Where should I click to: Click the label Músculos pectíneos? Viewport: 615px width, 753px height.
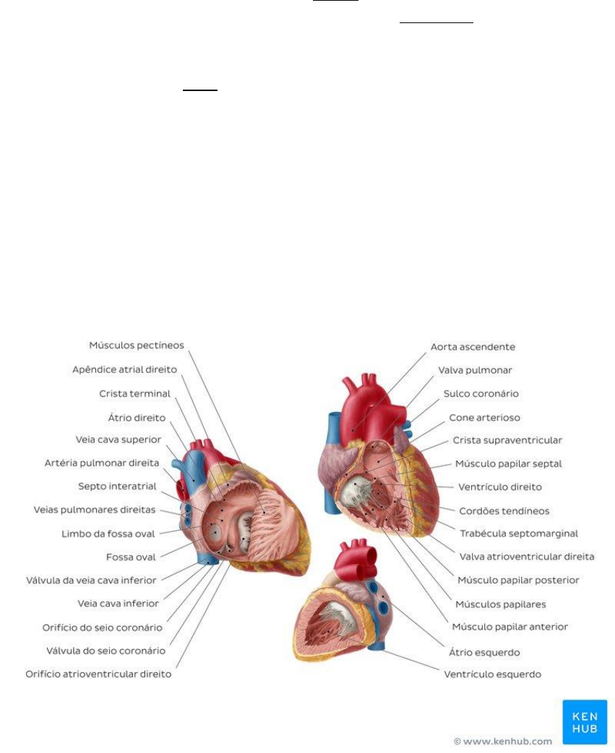(x=137, y=345)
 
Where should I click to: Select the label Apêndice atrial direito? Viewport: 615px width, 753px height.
(x=124, y=369)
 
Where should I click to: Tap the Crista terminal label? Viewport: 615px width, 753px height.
(x=134, y=394)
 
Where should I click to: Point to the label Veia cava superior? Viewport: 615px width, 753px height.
(x=118, y=439)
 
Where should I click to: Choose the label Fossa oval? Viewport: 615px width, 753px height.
(x=130, y=557)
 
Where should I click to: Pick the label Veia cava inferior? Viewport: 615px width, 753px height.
(x=118, y=603)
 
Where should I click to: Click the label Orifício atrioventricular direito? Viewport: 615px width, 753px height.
(x=98, y=674)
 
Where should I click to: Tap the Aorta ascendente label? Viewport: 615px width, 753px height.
(x=473, y=347)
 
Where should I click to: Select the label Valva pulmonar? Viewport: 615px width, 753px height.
(x=475, y=370)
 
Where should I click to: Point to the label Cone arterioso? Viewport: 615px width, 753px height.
(x=484, y=418)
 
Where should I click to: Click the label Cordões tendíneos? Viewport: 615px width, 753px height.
(x=504, y=511)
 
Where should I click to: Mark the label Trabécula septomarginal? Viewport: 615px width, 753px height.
(x=518, y=533)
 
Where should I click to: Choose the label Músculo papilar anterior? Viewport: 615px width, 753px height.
(x=509, y=627)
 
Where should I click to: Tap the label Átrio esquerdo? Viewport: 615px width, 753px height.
(x=484, y=652)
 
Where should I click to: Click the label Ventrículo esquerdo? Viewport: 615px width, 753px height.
(x=492, y=674)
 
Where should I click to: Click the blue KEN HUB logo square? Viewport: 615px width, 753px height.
(x=585, y=722)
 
